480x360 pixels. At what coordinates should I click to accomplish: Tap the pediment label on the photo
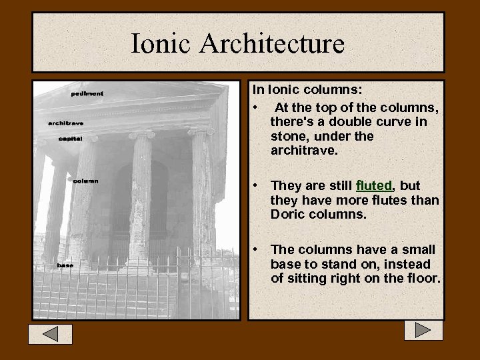tap(87, 94)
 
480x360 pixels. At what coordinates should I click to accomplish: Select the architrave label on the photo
tap(66, 123)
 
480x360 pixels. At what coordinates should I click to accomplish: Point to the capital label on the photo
tap(71, 139)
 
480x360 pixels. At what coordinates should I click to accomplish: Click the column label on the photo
tap(85, 181)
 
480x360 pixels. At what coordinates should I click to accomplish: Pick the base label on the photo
tap(65, 265)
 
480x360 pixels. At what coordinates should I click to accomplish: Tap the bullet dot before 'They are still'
tap(256, 185)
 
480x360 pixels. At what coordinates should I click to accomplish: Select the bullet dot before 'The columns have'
tap(256, 249)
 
